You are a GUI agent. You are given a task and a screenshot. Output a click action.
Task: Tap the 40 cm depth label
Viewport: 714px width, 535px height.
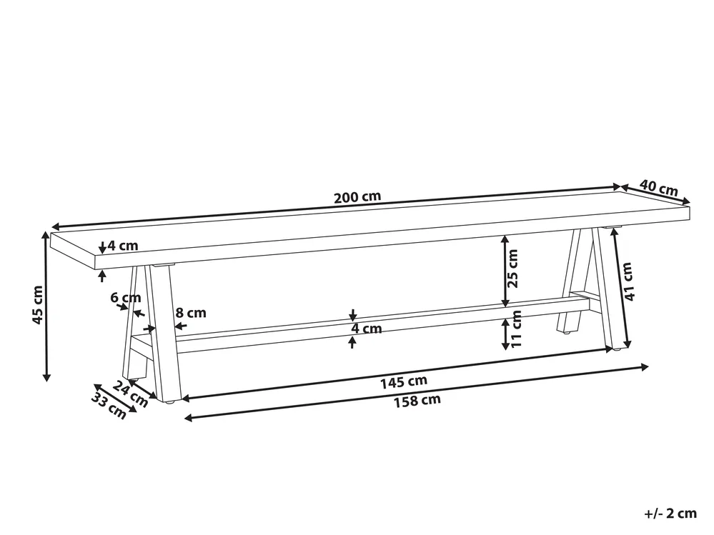pyautogui.click(x=658, y=190)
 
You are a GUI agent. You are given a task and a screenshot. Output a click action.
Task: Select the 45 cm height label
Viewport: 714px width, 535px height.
pyautogui.click(x=38, y=304)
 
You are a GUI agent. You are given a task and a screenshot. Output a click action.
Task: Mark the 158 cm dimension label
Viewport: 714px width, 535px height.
pyautogui.click(x=416, y=400)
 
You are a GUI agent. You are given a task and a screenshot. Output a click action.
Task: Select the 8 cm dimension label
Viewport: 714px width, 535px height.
pyautogui.click(x=190, y=312)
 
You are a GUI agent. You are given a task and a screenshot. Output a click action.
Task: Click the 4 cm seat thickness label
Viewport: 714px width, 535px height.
pyautogui.click(x=122, y=246)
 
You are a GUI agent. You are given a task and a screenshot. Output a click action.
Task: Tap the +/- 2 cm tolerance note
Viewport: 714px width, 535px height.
pyautogui.click(x=670, y=513)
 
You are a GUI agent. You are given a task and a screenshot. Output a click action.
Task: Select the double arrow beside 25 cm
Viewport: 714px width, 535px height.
pyautogui.click(x=505, y=269)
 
